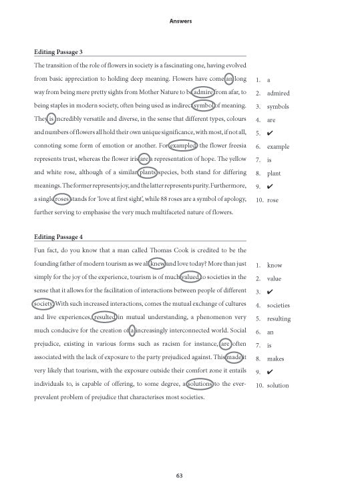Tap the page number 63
tap(180, 475)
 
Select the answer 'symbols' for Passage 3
tap(277, 107)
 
